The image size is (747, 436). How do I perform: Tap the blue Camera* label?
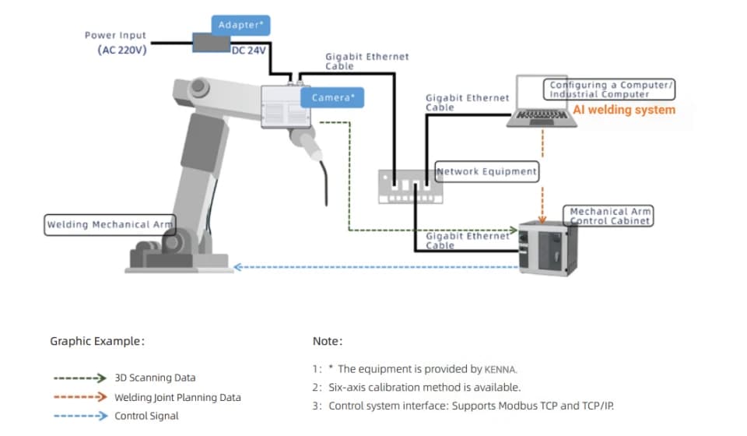click(x=333, y=97)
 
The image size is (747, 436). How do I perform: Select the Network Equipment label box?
click(x=487, y=171)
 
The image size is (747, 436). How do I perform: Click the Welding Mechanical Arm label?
click(x=109, y=224)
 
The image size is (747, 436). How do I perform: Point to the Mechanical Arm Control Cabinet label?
click(x=609, y=216)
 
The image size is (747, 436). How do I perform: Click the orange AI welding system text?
click(x=624, y=110)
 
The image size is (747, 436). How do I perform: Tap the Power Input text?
click(x=115, y=35)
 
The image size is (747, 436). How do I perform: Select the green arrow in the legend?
click(x=79, y=378)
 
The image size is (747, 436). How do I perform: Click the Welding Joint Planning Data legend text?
click(x=177, y=397)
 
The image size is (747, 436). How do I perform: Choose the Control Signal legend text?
click(x=146, y=416)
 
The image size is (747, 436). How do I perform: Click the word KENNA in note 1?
click(x=500, y=369)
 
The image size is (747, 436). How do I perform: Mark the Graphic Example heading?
click(x=97, y=341)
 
